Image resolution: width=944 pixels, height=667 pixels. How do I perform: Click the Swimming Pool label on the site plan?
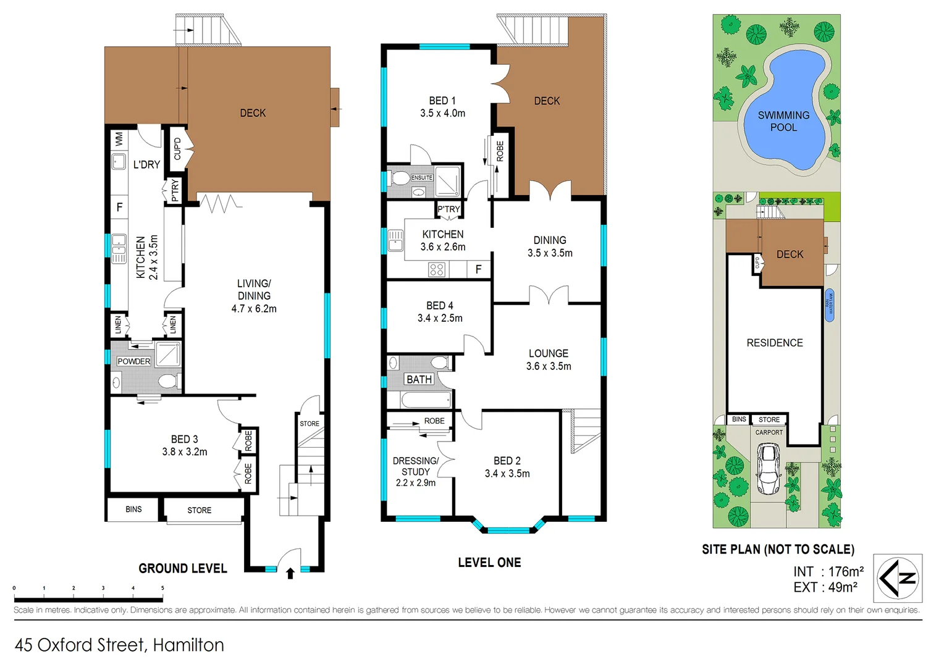coord(783,121)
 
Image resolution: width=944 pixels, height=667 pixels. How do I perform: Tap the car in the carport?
coord(769,469)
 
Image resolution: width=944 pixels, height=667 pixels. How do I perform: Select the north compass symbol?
coord(898,578)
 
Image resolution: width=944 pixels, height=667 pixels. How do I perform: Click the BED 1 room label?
coord(442,107)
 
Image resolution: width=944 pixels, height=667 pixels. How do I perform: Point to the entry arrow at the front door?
coord(290,574)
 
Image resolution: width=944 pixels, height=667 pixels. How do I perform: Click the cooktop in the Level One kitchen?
coord(437,269)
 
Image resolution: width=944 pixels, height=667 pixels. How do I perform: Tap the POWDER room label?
coord(133,361)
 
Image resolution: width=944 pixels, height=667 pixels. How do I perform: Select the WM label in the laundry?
coord(119,139)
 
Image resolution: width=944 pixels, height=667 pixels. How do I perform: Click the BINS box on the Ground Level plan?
coord(133,510)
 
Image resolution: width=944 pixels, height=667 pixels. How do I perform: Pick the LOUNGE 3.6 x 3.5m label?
coord(549,359)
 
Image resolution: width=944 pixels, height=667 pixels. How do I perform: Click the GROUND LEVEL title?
coord(183,568)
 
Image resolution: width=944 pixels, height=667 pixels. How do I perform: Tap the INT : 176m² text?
coord(828,572)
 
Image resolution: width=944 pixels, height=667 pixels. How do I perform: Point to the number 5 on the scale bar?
coord(162,589)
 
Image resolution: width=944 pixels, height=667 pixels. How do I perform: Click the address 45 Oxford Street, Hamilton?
coord(119,645)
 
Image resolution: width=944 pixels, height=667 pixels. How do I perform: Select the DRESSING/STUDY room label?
coord(416,471)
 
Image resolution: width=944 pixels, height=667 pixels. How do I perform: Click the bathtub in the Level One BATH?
coord(426,400)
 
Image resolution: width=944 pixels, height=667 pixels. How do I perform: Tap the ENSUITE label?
coord(422,178)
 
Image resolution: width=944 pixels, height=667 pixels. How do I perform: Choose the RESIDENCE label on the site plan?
coord(775,343)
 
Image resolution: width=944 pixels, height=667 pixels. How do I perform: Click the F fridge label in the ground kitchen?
coord(119,208)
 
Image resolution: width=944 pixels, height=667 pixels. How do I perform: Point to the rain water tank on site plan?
coord(830,305)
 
